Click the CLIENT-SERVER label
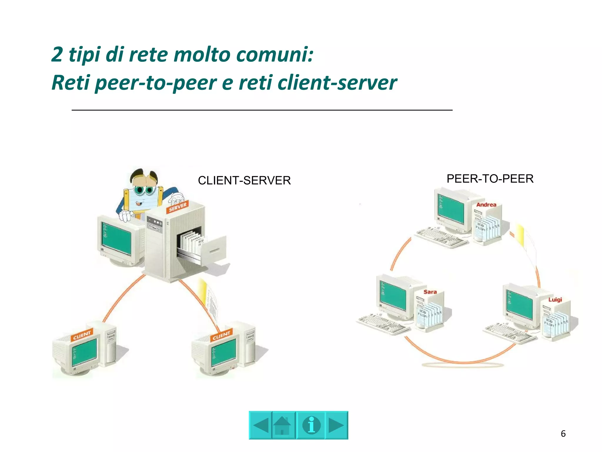tap(244, 180)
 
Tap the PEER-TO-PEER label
tap(490, 179)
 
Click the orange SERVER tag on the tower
tap(178, 207)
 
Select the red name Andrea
tap(486, 205)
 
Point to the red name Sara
tap(430, 292)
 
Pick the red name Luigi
tap(555, 300)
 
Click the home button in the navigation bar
tap(283, 425)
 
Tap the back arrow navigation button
tap(261, 425)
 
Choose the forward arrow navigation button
tap(336, 425)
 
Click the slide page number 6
tap(563, 433)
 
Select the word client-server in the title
tap(337, 83)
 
